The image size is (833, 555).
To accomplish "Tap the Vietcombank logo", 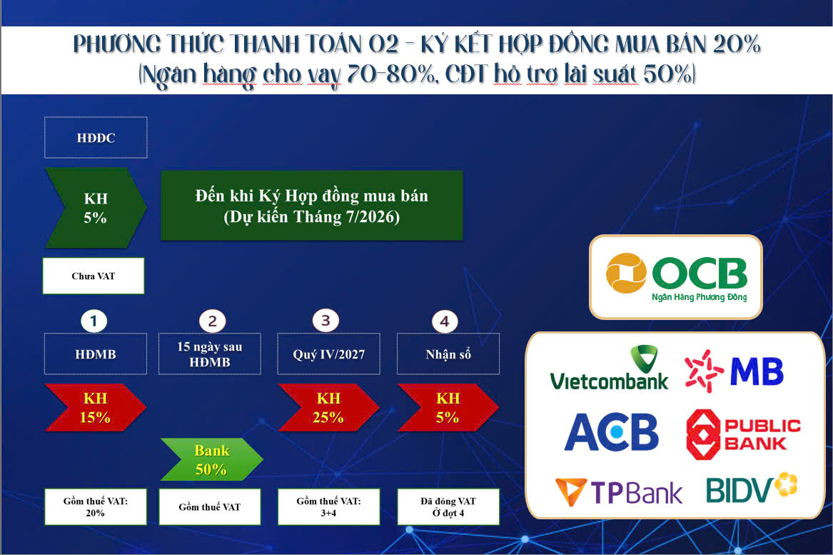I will [609, 368].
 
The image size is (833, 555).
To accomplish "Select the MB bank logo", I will [734, 370].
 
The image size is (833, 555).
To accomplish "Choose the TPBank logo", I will [618, 491].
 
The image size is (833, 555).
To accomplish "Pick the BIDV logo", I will [751, 488].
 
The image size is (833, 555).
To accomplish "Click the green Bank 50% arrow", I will [211, 460].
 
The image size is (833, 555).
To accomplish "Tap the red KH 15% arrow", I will [95, 408].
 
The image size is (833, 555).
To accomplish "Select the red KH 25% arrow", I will [328, 408].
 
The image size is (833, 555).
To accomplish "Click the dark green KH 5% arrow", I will [95, 208].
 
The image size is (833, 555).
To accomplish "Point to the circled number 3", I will [325, 320].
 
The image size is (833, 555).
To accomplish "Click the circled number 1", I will [94, 320].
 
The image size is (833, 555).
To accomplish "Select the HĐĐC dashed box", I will [96, 137].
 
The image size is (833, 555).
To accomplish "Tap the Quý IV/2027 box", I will [328, 354].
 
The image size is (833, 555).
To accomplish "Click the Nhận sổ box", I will [448, 354].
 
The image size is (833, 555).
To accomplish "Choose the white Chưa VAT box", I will [93, 276].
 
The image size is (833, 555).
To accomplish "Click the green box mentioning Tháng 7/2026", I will [311, 205].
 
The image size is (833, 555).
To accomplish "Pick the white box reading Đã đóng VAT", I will [448, 506].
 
